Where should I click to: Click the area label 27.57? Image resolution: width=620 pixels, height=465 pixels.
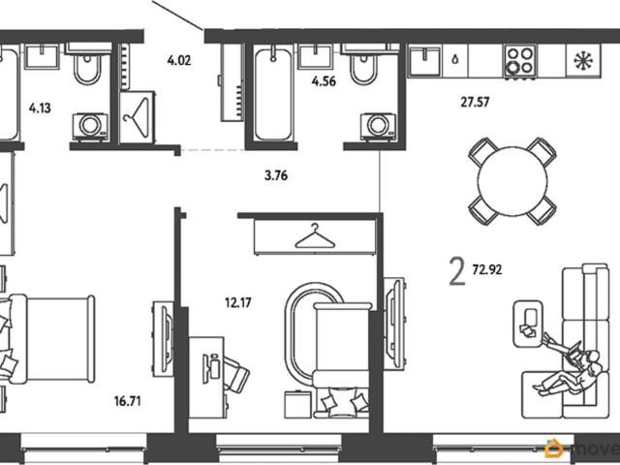475,103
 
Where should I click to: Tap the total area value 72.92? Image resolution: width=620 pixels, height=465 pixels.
487,270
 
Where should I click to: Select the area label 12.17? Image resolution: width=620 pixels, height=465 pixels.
238,303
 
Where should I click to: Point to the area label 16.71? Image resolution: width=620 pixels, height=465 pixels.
127,402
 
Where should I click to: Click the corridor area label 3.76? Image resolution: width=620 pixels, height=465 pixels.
276,175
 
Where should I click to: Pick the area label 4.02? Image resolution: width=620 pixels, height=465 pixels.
179,60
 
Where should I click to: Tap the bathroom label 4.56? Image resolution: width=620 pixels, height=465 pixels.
324,81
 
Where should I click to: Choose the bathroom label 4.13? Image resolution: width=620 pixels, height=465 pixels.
40,108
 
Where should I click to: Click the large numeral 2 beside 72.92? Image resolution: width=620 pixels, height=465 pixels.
457,271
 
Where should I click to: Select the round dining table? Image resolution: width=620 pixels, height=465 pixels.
512,181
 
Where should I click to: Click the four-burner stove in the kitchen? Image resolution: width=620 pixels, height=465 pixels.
520,61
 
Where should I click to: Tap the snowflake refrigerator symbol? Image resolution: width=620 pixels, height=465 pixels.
583,60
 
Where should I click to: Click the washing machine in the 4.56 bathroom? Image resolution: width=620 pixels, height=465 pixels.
378,127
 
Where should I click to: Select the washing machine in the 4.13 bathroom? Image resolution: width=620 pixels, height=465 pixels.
90,127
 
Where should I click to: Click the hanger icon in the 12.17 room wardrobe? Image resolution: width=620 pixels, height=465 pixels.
315,236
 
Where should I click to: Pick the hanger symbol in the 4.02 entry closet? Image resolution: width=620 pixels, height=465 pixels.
137,117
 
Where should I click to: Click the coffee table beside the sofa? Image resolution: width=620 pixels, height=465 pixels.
527,323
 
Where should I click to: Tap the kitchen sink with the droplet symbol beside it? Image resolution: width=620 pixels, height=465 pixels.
424,60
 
